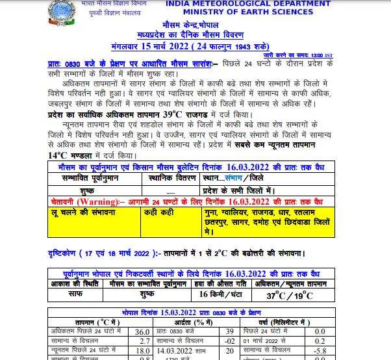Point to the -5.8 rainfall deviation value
(318, 350)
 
